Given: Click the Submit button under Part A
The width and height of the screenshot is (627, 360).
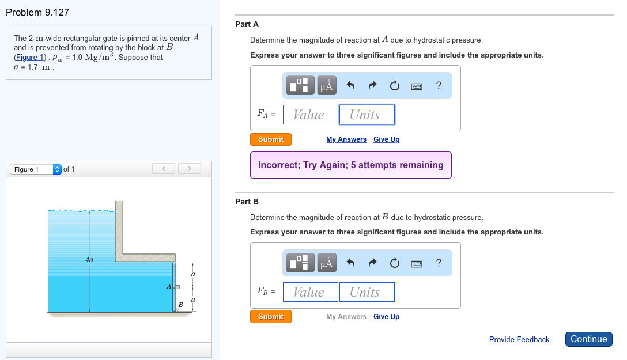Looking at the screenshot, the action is [271, 139].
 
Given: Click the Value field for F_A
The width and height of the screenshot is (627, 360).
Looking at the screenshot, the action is [310, 115].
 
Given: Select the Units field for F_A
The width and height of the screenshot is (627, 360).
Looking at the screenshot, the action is [367, 115].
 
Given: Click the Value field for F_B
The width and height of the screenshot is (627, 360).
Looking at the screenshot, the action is [310, 292].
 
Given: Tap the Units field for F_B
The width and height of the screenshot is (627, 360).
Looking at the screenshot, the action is [367, 292].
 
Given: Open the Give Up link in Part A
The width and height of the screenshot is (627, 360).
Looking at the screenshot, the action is [386, 139].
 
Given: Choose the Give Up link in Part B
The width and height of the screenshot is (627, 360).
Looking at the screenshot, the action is [386, 316].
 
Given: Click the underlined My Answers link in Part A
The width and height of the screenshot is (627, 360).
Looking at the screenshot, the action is [346, 139].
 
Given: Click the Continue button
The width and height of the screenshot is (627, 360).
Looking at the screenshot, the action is [588, 339].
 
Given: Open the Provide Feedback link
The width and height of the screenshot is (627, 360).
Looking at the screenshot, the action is [519, 339].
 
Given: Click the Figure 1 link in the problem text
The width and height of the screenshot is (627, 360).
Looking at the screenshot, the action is [29, 57].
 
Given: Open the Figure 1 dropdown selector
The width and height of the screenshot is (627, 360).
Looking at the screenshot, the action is [36, 169].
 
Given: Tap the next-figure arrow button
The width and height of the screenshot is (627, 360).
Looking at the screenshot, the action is [189, 169].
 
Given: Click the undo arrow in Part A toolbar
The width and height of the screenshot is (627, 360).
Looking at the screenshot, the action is [350, 85].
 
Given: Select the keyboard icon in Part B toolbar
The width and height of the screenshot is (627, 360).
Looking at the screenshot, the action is [416, 264].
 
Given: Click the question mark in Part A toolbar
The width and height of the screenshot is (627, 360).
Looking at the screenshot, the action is [439, 85].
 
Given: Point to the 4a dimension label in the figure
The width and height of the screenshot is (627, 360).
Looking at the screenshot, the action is [89, 260].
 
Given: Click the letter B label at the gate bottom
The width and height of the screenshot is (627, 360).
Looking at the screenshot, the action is [180, 305].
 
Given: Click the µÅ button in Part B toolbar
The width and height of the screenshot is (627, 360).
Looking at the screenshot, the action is [327, 263].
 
